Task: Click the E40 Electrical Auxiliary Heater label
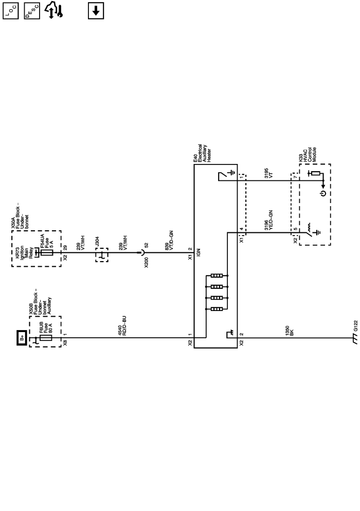pos(201,152)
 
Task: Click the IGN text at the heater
pos(197,253)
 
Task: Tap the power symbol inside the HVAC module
pos(322,194)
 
